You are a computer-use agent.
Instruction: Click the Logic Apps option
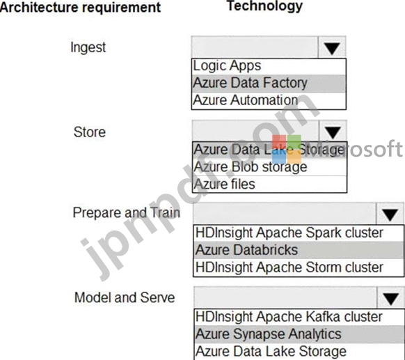click(227, 66)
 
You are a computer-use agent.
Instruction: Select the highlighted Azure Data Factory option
click(250, 83)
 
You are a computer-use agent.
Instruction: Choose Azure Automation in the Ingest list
click(246, 100)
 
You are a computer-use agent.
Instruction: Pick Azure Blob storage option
click(251, 166)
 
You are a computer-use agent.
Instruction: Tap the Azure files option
click(225, 184)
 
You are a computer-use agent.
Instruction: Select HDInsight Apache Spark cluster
click(289, 233)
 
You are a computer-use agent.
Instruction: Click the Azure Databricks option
click(246, 250)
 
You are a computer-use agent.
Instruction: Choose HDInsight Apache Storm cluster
click(289, 267)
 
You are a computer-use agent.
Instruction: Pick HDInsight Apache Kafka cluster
click(289, 317)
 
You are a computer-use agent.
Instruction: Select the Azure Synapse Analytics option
click(269, 334)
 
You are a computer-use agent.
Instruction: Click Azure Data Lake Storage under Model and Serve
click(271, 351)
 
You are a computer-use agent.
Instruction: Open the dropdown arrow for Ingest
click(332, 48)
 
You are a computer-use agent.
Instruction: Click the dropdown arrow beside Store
click(333, 132)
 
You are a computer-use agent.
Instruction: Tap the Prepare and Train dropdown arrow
click(390, 215)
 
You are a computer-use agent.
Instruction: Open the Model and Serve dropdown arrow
click(390, 299)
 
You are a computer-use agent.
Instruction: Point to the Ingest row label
click(88, 47)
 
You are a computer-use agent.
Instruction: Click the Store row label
click(90, 132)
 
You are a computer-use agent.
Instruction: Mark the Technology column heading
click(264, 6)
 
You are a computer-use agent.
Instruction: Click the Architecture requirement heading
click(80, 7)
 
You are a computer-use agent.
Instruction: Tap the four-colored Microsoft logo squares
click(287, 149)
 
